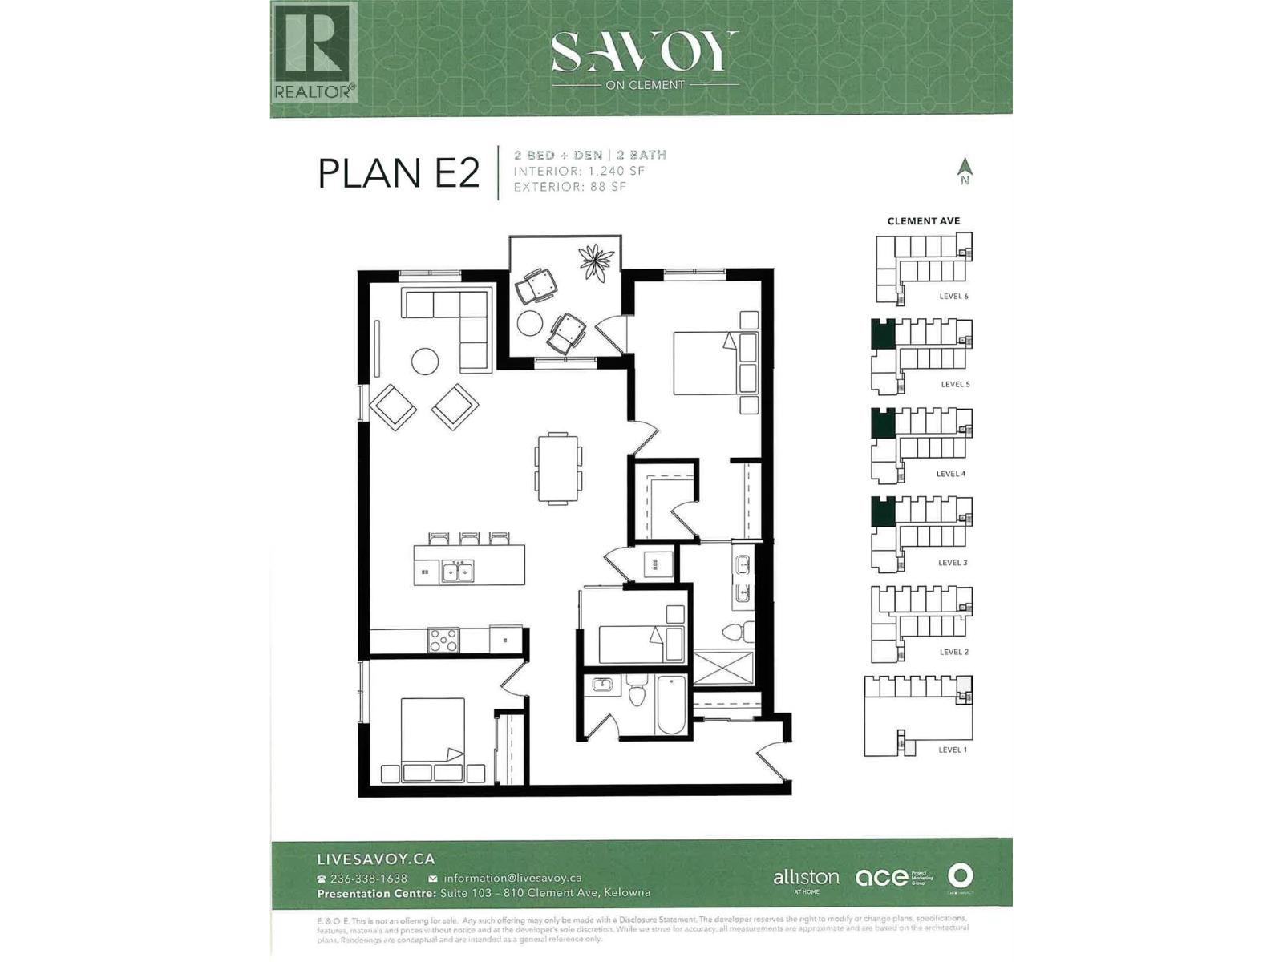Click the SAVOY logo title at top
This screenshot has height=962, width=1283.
(643, 53)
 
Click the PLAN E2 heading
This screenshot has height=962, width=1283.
(399, 174)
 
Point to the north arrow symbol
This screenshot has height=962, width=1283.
(965, 169)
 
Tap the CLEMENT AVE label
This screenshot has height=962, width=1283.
(923, 220)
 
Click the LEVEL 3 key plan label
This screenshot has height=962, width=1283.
(953, 563)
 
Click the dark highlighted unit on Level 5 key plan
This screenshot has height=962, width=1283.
(883, 333)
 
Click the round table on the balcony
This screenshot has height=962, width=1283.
(530, 322)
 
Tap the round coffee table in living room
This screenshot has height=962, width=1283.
(425, 362)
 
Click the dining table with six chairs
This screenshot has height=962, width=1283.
(558, 468)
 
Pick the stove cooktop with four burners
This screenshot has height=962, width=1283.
(443, 641)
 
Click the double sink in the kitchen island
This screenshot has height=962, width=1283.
(458, 572)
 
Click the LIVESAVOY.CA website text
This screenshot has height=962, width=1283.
(376, 859)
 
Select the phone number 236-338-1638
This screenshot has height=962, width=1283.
(368, 879)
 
